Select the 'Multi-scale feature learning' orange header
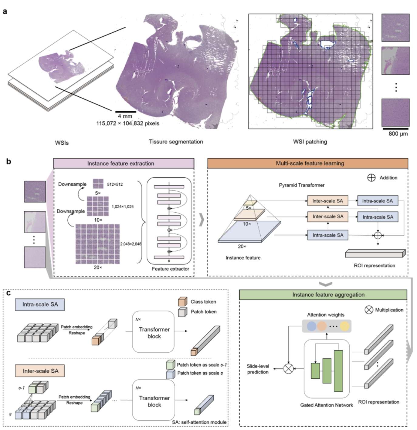point(307,163)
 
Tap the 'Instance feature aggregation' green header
point(323,295)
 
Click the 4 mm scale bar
point(125,112)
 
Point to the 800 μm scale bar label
point(398,134)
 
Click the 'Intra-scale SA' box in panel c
point(40,304)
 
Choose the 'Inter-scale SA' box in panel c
point(40,371)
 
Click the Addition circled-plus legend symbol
point(371,178)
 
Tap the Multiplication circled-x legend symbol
point(369,310)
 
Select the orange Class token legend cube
point(182,302)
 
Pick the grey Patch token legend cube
point(182,312)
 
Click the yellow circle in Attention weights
point(344,326)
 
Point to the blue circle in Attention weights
point(312,326)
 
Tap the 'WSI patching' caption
point(310,142)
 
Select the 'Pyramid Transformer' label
point(301,185)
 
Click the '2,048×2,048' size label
point(131,244)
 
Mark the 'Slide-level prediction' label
point(258,369)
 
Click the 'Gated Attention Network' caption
point(326,405)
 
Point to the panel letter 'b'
point(8,161)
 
